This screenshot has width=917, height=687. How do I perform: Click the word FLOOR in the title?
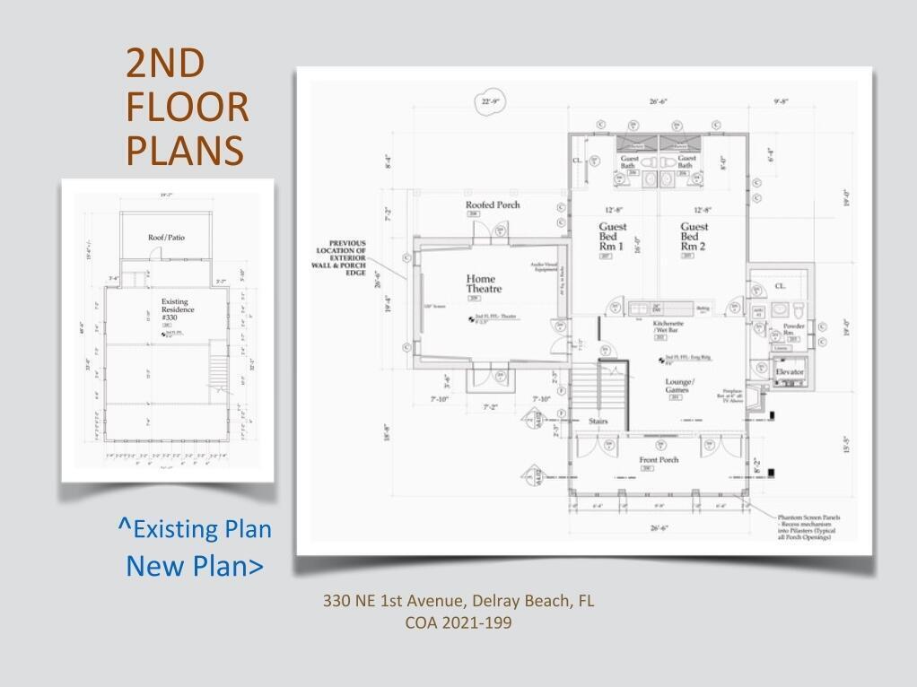[x=187, y=108]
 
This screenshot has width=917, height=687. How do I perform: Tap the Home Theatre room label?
[x=483, y=284]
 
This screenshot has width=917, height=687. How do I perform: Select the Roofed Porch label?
[x=492, y=205]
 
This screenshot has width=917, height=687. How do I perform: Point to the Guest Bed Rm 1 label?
[x=614, y=237]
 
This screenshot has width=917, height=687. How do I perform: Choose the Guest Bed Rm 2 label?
[x=694, y=237]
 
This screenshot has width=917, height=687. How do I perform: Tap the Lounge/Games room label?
[x=677, y=385]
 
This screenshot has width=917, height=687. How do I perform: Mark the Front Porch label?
[x=659, y=460]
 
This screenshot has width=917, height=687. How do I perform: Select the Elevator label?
[x=790, y=371]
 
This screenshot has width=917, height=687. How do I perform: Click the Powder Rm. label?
[x=794, y=328]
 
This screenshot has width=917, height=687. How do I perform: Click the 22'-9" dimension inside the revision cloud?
[x=492, y=102]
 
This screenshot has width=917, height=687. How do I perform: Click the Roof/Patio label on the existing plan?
[x=167, y=237]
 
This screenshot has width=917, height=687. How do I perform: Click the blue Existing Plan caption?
[x=195, y=529]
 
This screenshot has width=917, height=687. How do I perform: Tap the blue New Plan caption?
[x=195, y=566]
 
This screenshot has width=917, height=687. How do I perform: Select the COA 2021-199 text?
[x=458, y=622]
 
